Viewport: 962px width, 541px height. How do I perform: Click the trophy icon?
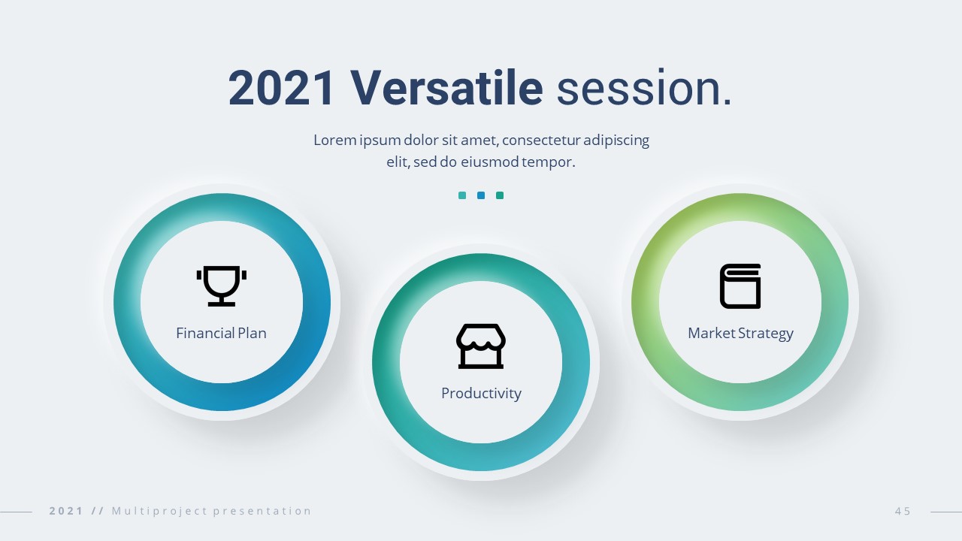(222, 286)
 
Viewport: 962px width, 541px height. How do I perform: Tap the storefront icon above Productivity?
(481, 346)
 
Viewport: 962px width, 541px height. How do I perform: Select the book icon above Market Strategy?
(740, 286)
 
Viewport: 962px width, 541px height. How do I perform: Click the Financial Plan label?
(221, 333)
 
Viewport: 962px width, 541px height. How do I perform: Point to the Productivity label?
(481, 394)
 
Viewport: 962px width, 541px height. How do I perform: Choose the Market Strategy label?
(740, 334)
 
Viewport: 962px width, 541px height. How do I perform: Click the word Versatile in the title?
(446, 88)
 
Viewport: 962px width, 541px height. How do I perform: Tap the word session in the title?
(644, 88)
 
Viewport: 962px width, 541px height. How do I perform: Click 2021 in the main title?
(281, 88)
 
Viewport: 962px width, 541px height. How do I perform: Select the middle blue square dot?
(481, 195)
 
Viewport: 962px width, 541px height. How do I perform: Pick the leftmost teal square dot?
(462, 195)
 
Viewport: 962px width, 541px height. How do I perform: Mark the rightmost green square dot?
(500, 195)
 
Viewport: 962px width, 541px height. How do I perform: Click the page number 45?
(903, 511)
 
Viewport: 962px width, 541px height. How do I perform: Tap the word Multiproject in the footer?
(160, 511)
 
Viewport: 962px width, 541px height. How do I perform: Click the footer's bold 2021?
(66, 511)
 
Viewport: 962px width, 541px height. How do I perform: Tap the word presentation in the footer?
(262, 511)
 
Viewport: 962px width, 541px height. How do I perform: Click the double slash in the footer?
(98, 511)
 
